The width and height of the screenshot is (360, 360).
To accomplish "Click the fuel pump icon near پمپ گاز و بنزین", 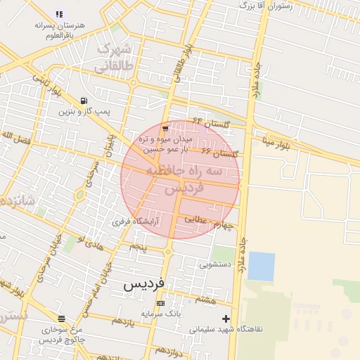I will [84, 101].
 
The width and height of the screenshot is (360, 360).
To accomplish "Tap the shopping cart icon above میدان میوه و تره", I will [165, 128].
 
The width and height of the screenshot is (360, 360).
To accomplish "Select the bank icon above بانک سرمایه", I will [161, 303].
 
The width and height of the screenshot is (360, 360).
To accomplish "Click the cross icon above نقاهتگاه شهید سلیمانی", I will [226, 319].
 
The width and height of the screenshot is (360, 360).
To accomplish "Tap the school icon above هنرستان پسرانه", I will [59, 13].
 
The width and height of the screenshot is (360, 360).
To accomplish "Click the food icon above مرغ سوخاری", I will [62, 319].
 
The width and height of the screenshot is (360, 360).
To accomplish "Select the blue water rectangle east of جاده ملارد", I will [262, 266].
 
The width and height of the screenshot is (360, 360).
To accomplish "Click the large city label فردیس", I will [144, 283].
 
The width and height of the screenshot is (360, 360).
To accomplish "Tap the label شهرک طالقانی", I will [112, 58].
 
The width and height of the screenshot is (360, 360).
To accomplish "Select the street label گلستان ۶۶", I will [220, 153].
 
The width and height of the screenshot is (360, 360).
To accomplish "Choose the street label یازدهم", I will [122, 321].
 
